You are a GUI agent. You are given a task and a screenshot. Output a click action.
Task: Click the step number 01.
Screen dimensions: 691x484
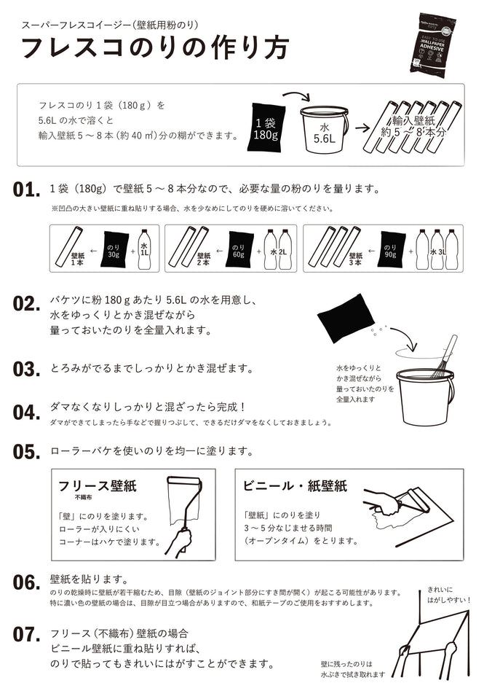(x=26, y=190)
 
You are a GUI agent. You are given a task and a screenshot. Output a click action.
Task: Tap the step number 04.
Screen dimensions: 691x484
(x=26, y=412)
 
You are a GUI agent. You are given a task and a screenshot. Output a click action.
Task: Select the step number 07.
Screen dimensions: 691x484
(x=26, y=634)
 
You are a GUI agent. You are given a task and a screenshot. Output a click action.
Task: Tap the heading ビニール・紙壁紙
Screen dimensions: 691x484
(x=295, y=486)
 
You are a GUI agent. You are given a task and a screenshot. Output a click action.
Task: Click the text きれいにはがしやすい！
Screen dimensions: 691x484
(x=448, y=593)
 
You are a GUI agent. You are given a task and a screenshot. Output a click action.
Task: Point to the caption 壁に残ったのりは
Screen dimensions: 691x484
(x=346, y=664)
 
